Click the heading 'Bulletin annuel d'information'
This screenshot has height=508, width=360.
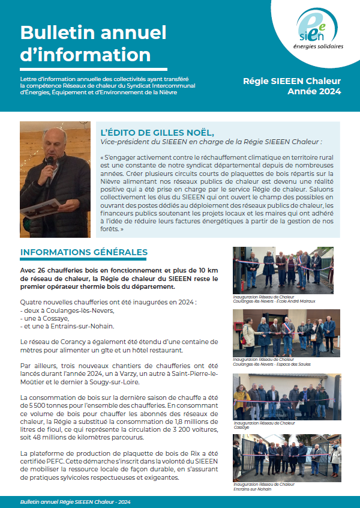pyautogui.click(x=85, y=44)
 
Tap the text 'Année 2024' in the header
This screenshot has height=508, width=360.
pyautogui.click(x=314, y=92)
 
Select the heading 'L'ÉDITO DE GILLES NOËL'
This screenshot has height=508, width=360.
pyautogui.click(x=157, y=132)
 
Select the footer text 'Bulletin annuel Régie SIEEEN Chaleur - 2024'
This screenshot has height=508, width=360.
pyautogui.click(x=75, y=501)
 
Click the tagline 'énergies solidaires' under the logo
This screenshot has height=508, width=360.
pyautogui.click(x=318, y=46)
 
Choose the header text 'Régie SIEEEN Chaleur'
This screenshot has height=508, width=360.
pyautogui.click(x=292, y=81)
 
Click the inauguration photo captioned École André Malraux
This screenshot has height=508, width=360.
pyautogui.click(x=283, y=270)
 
